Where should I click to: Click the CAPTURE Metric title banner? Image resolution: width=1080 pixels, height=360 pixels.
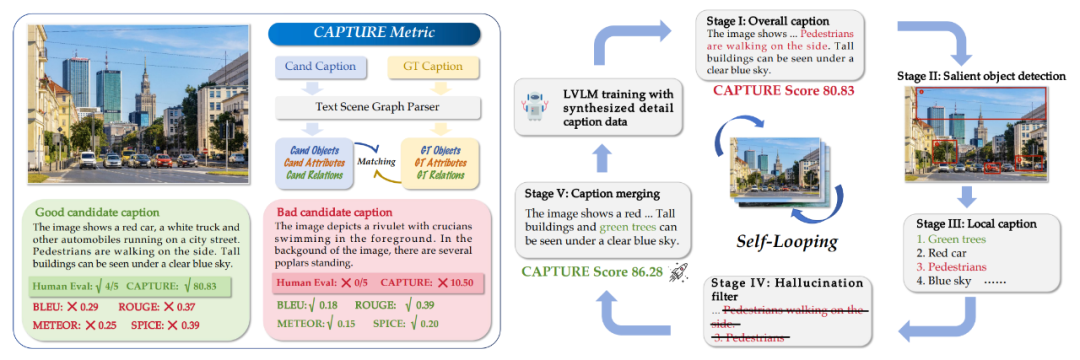coord(375,34)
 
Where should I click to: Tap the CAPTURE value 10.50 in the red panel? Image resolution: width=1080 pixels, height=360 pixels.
coord(462,285)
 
